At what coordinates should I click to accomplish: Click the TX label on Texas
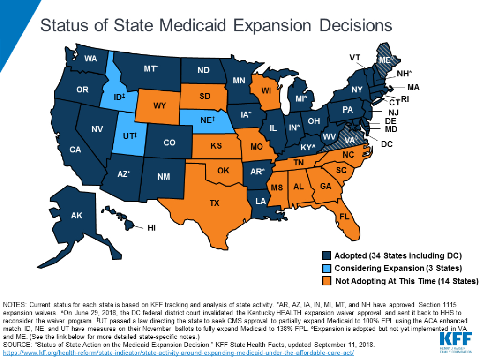pos(214,203)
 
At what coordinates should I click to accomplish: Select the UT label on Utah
pos(129,136)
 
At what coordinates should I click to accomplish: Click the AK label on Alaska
pos(76,216)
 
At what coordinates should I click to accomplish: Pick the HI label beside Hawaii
pos(151,228)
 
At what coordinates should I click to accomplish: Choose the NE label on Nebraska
pos(207,120)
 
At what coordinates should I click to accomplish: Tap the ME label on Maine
pos(385,60)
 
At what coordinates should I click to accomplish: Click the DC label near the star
pos(387,144)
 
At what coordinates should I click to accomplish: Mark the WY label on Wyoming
pos(160,106)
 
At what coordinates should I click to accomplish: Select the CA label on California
pos(75,150)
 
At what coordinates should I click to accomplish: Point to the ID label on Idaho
pos(119,97)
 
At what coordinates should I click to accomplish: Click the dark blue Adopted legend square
pos(327,256)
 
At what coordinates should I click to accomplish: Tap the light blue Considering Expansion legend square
pos(327,269)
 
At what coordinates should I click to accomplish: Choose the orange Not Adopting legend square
pos(327,281)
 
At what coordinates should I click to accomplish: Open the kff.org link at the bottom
pos(178,352)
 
